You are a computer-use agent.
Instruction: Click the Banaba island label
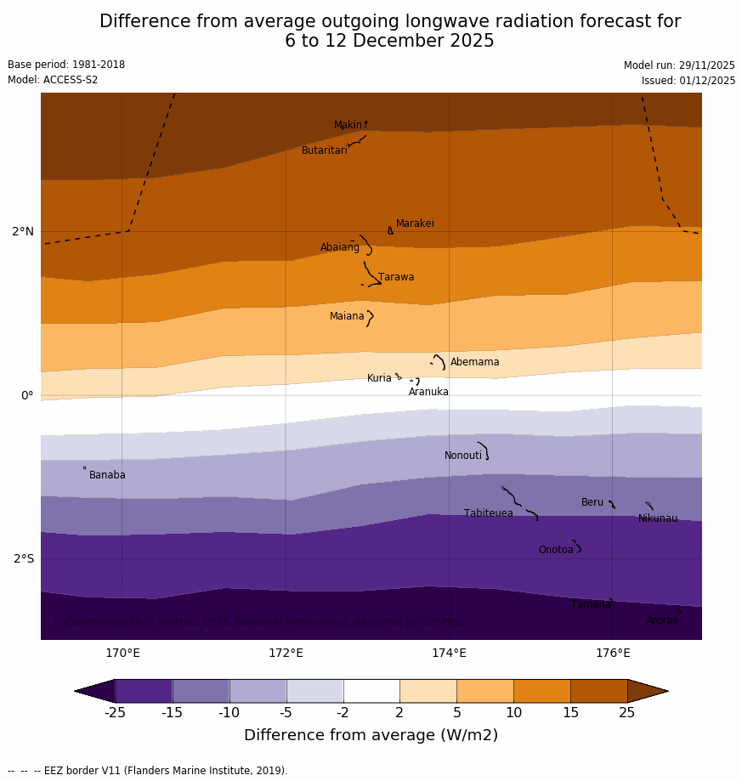107,475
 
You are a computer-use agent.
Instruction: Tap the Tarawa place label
396,277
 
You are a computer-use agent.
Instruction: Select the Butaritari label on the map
325,150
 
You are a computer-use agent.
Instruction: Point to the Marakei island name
415,224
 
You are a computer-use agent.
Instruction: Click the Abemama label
474,362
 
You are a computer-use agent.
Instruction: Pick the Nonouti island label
463,456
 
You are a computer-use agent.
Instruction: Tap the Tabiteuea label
489,513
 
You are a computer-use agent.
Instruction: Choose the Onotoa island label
556,550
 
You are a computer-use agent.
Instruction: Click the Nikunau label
658,518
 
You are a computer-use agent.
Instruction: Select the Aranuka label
428,392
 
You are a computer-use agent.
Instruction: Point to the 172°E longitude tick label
286,654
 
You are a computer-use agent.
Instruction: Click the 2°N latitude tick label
23,231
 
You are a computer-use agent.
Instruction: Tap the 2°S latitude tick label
23,558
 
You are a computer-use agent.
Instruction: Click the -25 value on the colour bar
115,713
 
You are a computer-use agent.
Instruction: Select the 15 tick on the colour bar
570,713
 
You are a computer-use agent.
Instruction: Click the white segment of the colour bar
371,691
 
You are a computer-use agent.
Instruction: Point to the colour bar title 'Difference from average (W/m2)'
371,735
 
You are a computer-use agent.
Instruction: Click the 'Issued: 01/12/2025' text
688,81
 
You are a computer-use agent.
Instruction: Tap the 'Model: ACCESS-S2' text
53,80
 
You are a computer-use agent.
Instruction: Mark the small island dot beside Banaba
84,467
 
